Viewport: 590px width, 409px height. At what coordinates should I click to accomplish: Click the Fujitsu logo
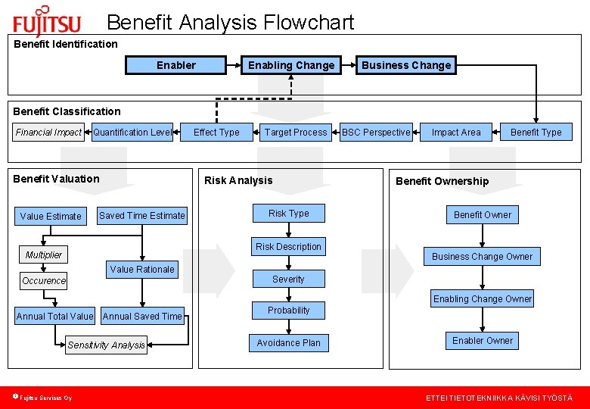click(x=47, y=21)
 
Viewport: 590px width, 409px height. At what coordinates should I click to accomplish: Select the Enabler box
click(x=175, y=65)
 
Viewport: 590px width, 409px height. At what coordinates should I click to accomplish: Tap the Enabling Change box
click(x=291, y=65)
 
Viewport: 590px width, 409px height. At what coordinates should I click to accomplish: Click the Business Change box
click(x=406, y=65)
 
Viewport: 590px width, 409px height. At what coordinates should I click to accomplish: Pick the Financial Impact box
click(x=48, y=133)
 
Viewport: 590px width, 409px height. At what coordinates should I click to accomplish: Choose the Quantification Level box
click(x=132, y=133)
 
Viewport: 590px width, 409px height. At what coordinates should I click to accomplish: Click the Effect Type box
click(x=216, y=133)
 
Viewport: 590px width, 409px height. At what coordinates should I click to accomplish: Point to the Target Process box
click(x=296, y=133)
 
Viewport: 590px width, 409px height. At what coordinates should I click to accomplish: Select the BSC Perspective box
click(x=376, y=133)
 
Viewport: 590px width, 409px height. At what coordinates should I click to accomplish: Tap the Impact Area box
click(x=456, y=133)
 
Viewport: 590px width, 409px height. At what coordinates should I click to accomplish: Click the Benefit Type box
click(x=536, y=133)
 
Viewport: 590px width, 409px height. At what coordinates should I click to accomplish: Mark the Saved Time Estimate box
click(x=141, y=216)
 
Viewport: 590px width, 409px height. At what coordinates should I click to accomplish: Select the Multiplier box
click(x=44, y=254)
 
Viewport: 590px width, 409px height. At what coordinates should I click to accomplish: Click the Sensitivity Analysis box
click(x=106, y=345)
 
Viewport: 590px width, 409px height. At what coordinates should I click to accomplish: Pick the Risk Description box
click(x=288, y=247)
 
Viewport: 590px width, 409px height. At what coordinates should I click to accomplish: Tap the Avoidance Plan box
click(x=288, y=343)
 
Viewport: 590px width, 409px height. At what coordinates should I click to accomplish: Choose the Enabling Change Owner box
click(x=483, y=299)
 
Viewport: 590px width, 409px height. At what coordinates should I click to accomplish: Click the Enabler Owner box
click(x=483, y=341)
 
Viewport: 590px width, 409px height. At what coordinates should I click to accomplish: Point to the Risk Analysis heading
click(x=238, y=180)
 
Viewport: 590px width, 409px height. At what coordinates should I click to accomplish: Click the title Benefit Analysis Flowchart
click(x=230, y=23)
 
